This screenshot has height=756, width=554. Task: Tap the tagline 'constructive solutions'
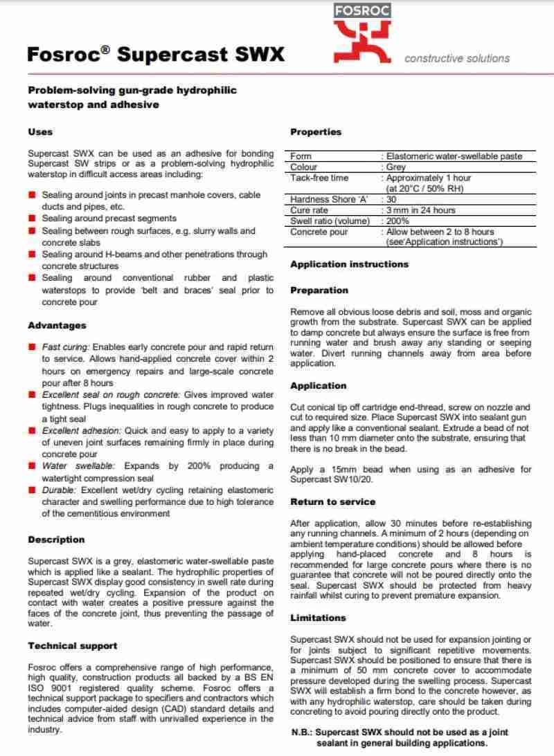click(456, 59)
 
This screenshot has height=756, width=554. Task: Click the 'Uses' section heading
click(40, 131)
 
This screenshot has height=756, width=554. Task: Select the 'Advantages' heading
click(57, 325)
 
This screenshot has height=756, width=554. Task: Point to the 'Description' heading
click(55, 539)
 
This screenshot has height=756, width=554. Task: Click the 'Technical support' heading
click(73, 645)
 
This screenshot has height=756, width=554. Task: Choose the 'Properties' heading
click(316, 131)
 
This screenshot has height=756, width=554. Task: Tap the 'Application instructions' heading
click(350, 264)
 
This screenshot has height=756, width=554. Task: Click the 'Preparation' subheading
click(319, 291)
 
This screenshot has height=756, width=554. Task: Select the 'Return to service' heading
click(333, 501)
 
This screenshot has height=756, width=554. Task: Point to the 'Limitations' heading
click(318, 617)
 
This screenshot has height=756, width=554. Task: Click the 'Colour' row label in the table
click(304, 167)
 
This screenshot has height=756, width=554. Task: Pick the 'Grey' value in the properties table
click(397, 167)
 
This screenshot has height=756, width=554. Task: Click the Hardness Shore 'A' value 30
click(393, 199)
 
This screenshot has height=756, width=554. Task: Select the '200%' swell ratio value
click(397, 221)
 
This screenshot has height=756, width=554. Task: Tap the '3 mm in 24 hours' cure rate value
click(421, 210)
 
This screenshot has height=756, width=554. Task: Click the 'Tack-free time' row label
click(319, 178)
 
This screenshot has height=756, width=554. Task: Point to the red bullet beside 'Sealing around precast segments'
click(32, 219)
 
